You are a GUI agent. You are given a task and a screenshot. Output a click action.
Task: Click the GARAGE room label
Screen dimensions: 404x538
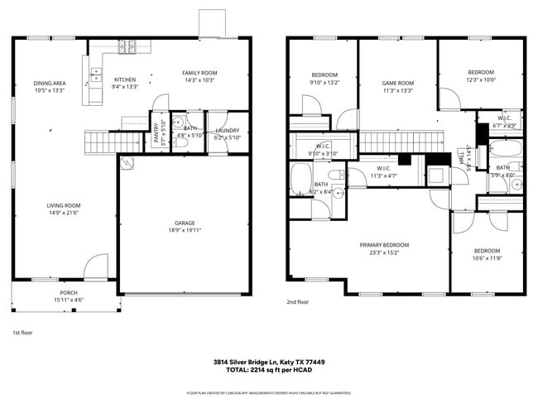point(184,223)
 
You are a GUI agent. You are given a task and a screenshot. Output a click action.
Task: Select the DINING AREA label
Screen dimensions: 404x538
point(50,83)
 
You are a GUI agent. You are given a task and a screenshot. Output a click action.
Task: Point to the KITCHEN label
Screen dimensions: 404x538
point(124,80)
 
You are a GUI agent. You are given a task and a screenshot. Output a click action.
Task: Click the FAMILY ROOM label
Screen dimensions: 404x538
point(199,73)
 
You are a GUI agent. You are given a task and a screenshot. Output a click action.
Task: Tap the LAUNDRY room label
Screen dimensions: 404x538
point(227,131)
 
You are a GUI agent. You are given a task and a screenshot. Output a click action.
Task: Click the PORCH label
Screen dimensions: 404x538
point(69,293)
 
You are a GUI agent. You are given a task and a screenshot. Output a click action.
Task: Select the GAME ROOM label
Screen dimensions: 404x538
point(397,83)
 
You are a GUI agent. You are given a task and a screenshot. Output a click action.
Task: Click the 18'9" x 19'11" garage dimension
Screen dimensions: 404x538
point(184,230)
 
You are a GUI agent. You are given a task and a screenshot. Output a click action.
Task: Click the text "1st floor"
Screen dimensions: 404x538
point(22,332)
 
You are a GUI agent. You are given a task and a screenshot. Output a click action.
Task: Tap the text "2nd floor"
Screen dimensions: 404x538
point(297,302)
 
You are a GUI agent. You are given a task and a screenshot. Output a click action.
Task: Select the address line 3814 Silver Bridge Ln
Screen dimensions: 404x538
point(268,361)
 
